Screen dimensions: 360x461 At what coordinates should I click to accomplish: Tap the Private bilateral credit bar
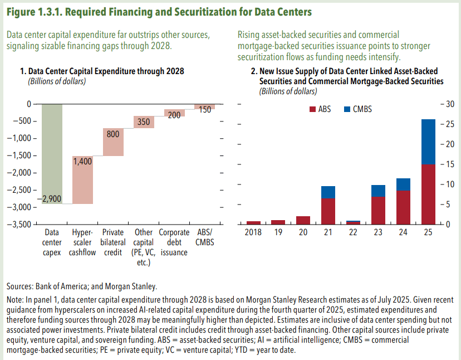click(113, 142)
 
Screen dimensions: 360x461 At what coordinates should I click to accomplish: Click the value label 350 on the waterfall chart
click(144, 123)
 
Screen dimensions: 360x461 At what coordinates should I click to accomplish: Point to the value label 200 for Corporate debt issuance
click(174, 115)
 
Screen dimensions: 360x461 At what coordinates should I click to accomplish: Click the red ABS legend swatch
click(312, 109)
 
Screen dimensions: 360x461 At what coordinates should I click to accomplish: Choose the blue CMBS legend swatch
click(348, 109)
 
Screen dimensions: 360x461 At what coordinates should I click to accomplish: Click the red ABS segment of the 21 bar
click(328, 211)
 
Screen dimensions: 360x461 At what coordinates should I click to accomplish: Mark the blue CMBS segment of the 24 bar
click(403, 184)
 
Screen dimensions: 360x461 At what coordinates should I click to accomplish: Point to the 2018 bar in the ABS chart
click(253, 222)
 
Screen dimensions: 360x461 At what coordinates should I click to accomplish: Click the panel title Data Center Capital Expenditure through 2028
click(106, 71)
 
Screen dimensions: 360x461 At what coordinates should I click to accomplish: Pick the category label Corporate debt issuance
click(174, 242)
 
